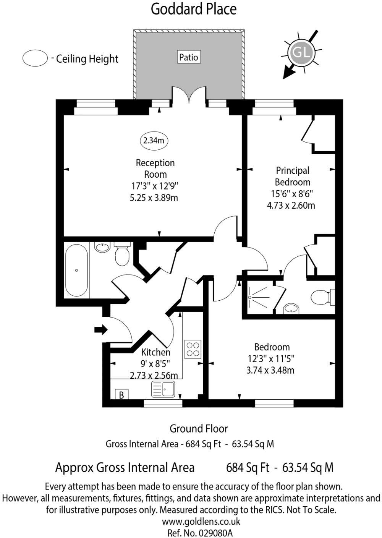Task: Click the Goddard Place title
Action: click(194, 9)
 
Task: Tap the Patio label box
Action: click(189, 57)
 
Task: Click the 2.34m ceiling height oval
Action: click(154, 141)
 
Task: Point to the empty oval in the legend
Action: click(35, 58)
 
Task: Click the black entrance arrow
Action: click(101, 329)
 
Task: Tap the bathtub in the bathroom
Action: click(76, 271)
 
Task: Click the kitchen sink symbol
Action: click(163, 389)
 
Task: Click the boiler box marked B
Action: click(121, 395)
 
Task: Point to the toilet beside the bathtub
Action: click(122, 255)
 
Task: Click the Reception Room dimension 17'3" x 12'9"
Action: click(155, 186)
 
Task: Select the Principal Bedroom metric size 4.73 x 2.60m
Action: click(291, 205)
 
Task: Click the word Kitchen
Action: click(156, 352)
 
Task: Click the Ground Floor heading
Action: click(198, 429)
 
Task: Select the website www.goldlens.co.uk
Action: click(201, 521)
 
